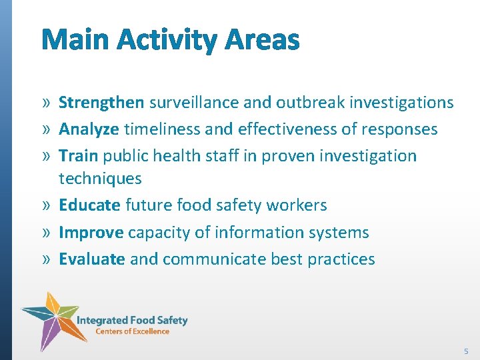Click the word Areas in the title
(x=262, y=40)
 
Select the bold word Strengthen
(x=101, y=103)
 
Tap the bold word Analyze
(x=89, y=129)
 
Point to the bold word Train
(x=78, y=156)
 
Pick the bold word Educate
(x=89, y=205)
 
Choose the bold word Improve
(x=91, y=233)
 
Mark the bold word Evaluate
(x=92, y=259)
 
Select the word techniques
(x=100, y=179)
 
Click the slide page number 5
(x=466, y=351)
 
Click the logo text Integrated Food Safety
(x=132, y=320)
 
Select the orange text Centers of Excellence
(x=132, y=331)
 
